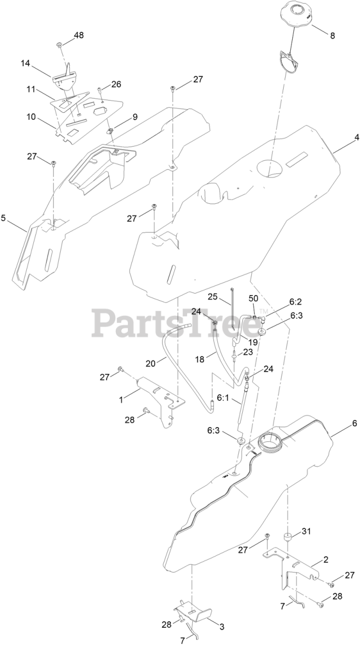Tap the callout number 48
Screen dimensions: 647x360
(x=79, y=35)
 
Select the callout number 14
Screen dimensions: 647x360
(x=25, y=64)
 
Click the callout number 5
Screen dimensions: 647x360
(x=4, y=218)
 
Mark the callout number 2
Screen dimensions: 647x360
(x=326, y=560)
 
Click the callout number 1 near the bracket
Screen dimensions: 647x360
(x=121, y=399)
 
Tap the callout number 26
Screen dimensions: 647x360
(x=116, y=84)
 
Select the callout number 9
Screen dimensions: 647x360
(x=135, y=117)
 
